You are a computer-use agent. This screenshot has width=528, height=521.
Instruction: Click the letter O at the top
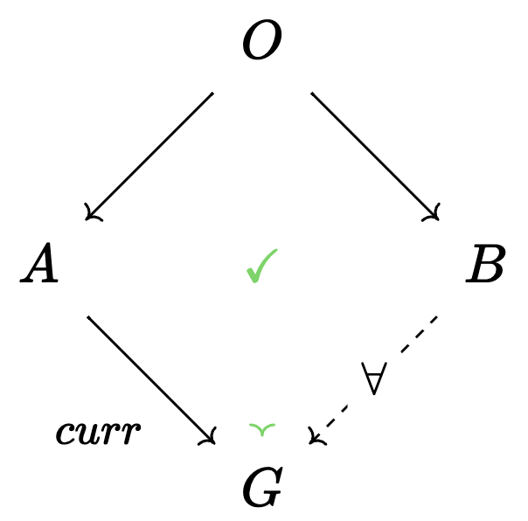click(262, 39)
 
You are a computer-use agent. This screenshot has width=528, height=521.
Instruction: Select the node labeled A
click(39, 262)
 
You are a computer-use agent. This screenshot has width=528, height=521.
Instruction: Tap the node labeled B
click(485, 263)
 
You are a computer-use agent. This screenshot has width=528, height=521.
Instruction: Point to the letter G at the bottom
click(262, 486)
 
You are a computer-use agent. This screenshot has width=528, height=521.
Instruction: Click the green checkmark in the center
click(262, 266)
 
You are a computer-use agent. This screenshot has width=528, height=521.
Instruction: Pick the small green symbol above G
click(262, 429)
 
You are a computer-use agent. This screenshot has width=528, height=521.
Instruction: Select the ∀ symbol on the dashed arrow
click(374, 379)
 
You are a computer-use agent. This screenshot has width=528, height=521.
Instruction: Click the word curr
click(98, 434)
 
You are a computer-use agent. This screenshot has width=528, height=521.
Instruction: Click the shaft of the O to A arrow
click(149, 156)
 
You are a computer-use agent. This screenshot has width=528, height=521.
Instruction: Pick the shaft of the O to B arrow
click(375, 156)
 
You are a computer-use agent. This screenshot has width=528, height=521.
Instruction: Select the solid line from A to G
click(151, 380)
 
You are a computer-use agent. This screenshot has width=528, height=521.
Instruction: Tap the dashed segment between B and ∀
click(420, 334)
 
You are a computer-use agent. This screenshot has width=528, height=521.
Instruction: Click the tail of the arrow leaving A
click(87, 316)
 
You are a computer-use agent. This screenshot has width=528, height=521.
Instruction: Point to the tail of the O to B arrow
click(311, 93)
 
